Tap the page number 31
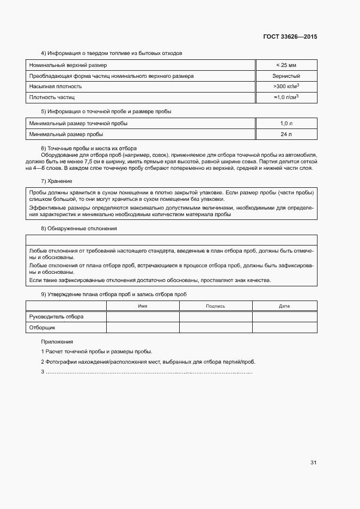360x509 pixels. click(313, 463)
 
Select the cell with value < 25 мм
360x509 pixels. click(286, 65)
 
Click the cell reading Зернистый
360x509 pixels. click(286, 76)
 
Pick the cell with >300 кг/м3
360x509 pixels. click(286, 86)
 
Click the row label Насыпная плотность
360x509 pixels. click(56, 87)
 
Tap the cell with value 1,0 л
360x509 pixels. click(286, 123)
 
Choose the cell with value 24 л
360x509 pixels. click(286, 134)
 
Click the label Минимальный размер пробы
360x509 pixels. click(66, 134)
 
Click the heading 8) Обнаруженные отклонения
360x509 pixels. click(78, 229)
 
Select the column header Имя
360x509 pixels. click(143, 306)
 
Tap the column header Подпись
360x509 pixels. click(216, 306)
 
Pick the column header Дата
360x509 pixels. click(284, 306)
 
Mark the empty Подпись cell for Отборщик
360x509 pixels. click(216, 328)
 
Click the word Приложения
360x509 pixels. click(57, 341)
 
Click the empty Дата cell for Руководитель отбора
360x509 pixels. click(284, 316)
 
